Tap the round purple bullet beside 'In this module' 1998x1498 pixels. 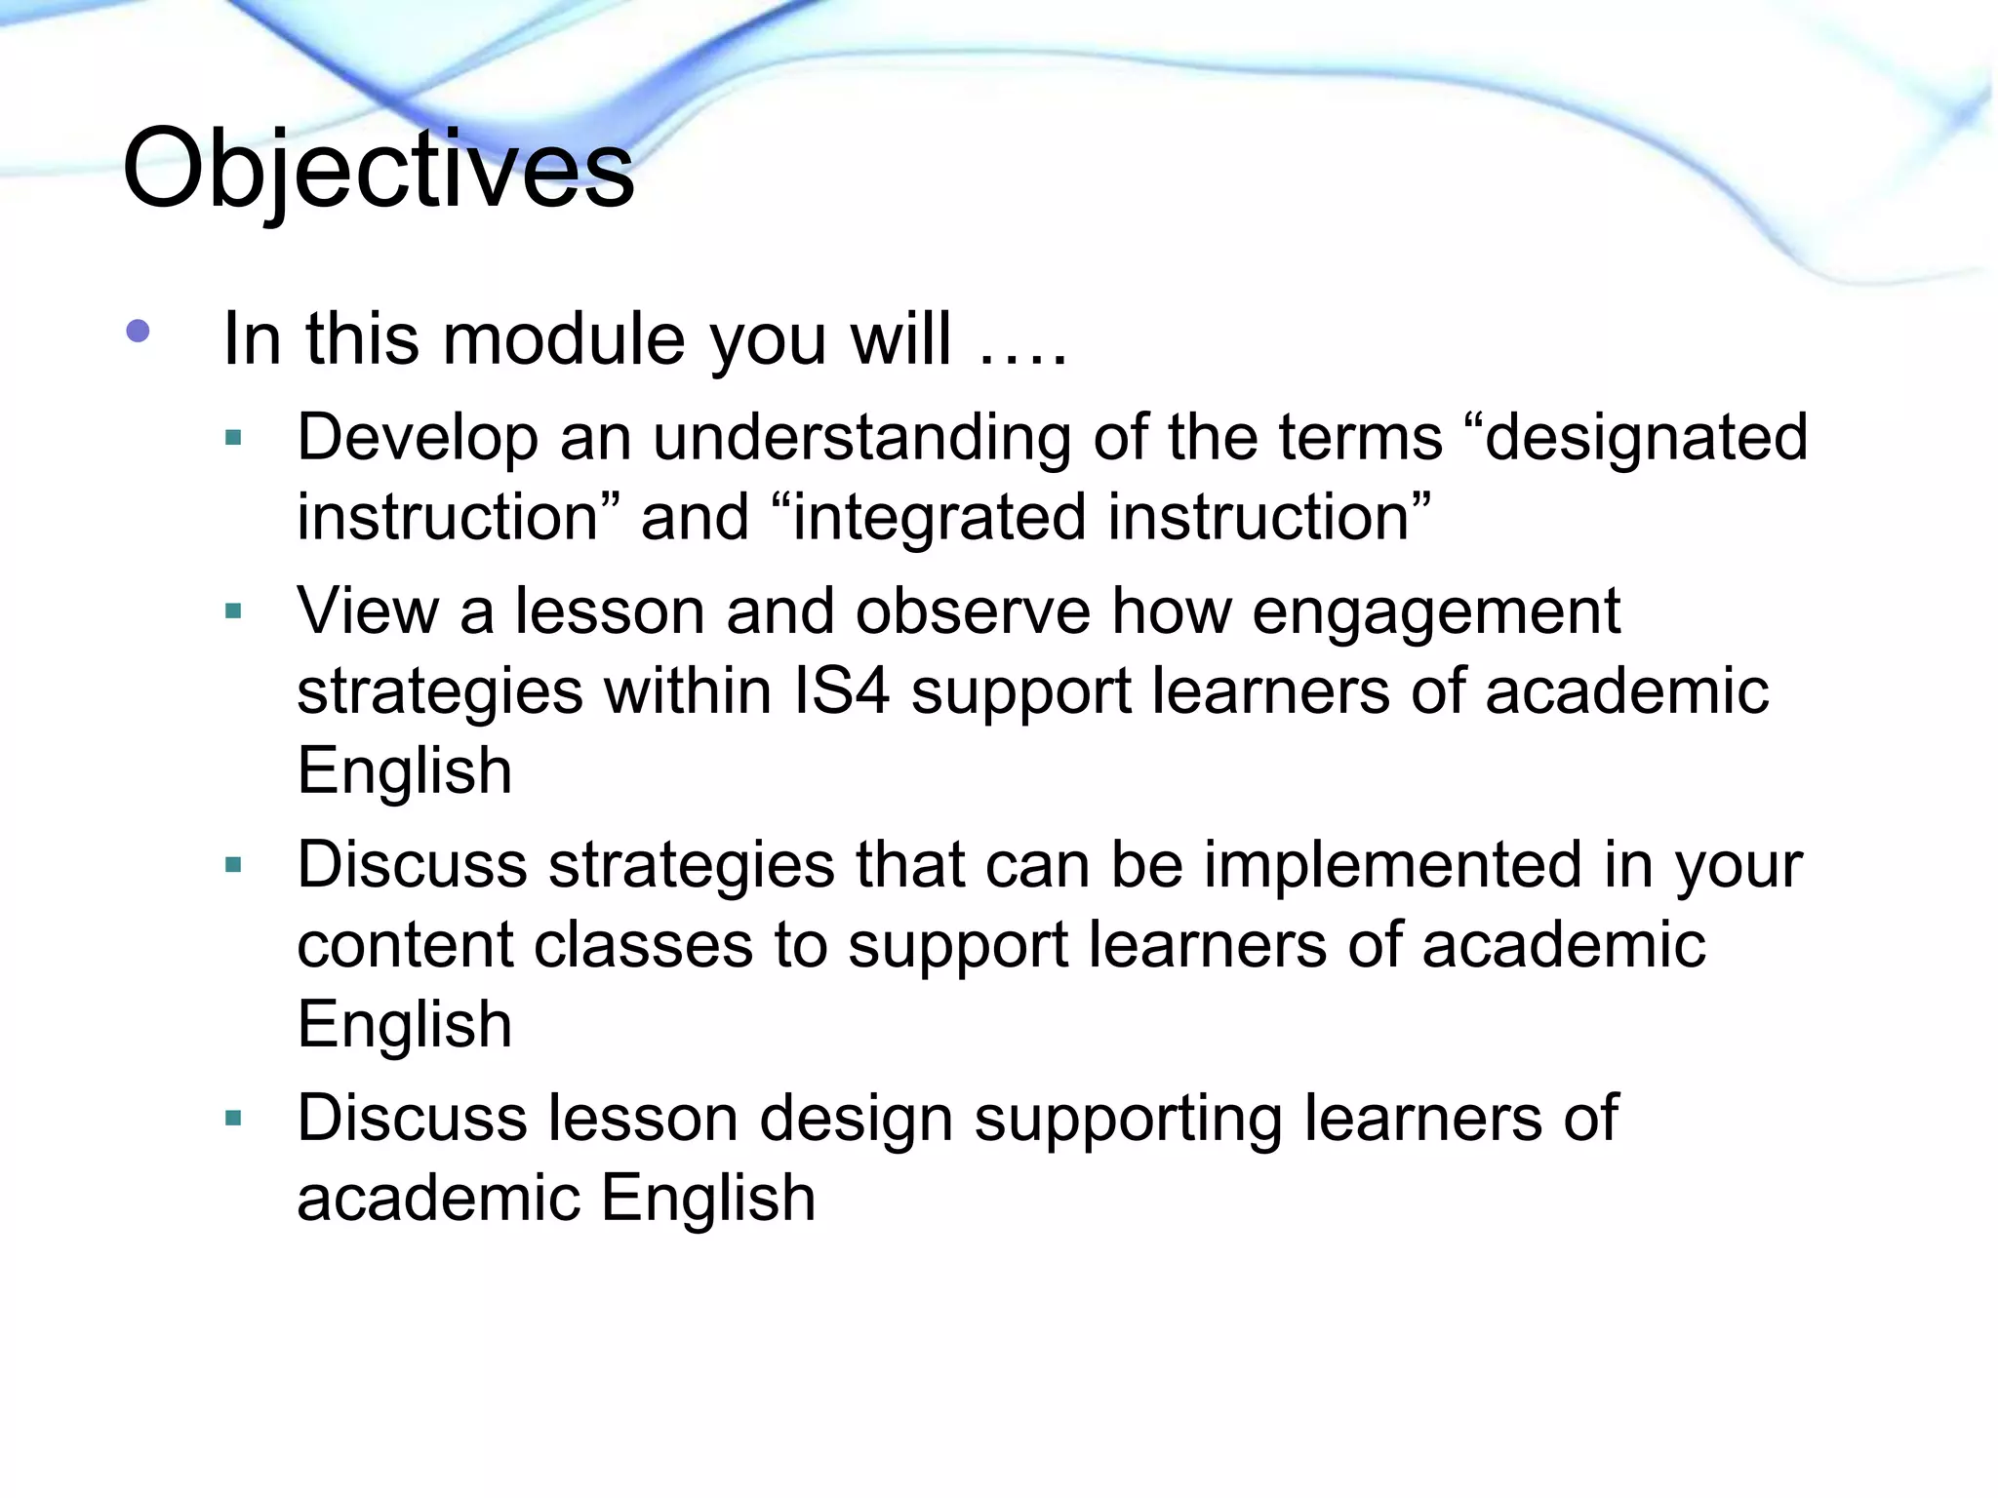click(x=138, y=332)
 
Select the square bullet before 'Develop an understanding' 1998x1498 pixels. click(x=232, y=438)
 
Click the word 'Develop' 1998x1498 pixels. click(x=417, y=439)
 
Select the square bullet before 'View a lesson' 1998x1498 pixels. click(x=232, y=611)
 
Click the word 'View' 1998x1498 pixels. click(x=367, y=612)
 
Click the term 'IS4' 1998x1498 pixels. click(x=842, y=691)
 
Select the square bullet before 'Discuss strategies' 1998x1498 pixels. click(x=232, y=864)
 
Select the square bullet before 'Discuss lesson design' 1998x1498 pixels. click(x=232, y=1118)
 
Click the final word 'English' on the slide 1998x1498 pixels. click(x=708, y=1199)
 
